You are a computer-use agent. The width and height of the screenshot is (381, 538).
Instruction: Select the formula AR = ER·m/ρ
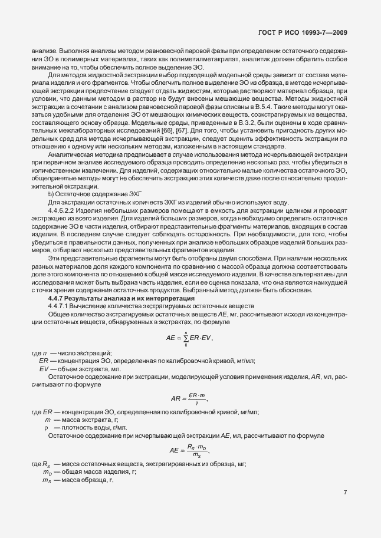coord(189,398)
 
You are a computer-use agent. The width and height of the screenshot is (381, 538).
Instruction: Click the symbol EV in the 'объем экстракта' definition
coord(43,368)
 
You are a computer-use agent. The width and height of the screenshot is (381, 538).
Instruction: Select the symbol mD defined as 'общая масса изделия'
coord(47,473)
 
